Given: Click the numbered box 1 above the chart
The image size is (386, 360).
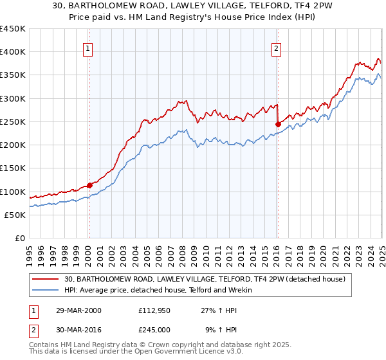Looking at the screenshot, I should [87, 47].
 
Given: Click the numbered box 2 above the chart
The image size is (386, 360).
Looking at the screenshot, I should [276, 47].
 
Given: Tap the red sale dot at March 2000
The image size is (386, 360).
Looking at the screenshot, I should [89, 185].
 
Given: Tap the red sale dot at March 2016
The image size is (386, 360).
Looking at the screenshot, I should [278, 124].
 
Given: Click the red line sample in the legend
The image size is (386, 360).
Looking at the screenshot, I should [46, 279].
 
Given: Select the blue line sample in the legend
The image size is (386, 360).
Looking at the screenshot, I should [46, 290].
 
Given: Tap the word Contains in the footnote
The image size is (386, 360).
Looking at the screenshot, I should [44, 345].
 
